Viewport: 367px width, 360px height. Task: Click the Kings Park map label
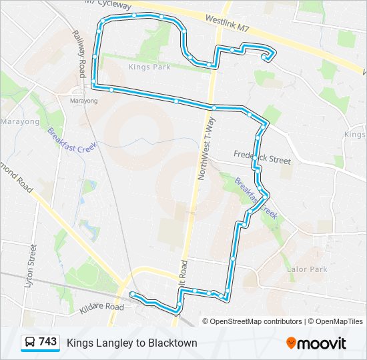click(x=145, y=67)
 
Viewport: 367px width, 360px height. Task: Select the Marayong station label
click(x=83, y=101)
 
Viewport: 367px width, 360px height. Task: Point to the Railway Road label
click(x=80, y=55)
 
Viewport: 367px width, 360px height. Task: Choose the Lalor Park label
click(x=307, y=269)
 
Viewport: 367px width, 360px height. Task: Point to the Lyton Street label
click(x=30, y=265)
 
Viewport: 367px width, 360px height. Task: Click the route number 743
click(x=47, y=342)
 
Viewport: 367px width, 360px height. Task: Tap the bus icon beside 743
click(x=30, y=343)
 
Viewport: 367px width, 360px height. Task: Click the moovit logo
click(x=316, y=343)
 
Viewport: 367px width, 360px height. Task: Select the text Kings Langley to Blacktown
click(x=132, y=343)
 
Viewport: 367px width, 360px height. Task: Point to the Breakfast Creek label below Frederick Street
click(x=256, y=197)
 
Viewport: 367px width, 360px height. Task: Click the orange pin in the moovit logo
click(x=291, y=343)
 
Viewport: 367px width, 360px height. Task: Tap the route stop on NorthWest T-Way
click(x=214, y=107)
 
